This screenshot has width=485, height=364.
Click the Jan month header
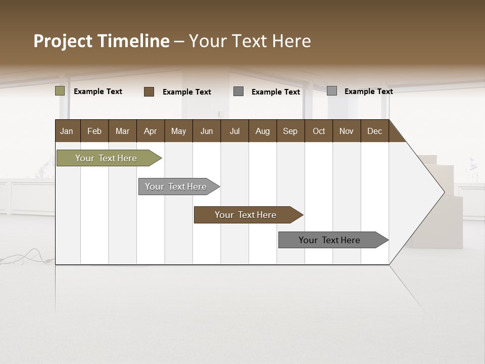click(x=67, y=131)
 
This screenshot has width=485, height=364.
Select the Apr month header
click(x=150, y=131)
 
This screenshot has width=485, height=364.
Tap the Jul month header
click(x=234, y=131)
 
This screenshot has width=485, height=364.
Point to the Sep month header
click(x=290, y=131)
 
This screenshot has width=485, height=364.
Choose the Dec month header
click(x=374, y=131)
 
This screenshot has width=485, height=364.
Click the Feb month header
click(x=94, y=131)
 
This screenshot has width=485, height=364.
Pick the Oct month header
click(x=319, y=131)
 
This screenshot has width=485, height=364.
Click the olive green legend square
click(x=60, y=91)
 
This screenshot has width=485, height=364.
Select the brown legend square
click(x=149, y=92)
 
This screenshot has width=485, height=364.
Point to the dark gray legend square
click(x=238, y=92)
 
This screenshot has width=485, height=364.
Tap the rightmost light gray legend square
click(x=332, y=91)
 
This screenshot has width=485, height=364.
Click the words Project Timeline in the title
click(x=102, y=41)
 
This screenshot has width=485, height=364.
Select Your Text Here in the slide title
click(x=250, y=41)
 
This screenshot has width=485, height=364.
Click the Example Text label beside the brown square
click(x=187, y=92)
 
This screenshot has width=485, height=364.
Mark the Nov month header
click(x=347, y=131)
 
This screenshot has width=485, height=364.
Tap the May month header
click(x=178, y=131)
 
